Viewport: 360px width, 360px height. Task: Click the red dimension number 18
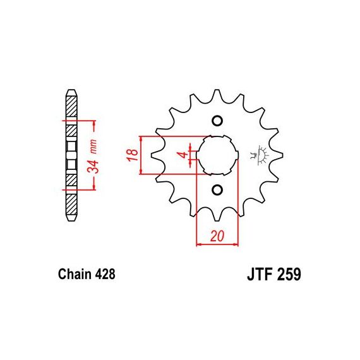tap(133, 155)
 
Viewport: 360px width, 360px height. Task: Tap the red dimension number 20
tap(217, 236)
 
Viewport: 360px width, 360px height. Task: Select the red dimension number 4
tap(183, 155)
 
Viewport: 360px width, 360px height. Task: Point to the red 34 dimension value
tap(92, 167)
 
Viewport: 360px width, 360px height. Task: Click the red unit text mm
tap(93, 147)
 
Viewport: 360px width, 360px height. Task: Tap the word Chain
tap(75, 274)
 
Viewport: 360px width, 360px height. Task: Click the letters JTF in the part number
tap(260, 274)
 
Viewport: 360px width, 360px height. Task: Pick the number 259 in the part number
tap(289, 274)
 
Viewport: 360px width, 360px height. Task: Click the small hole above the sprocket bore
tap(217, 121)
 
